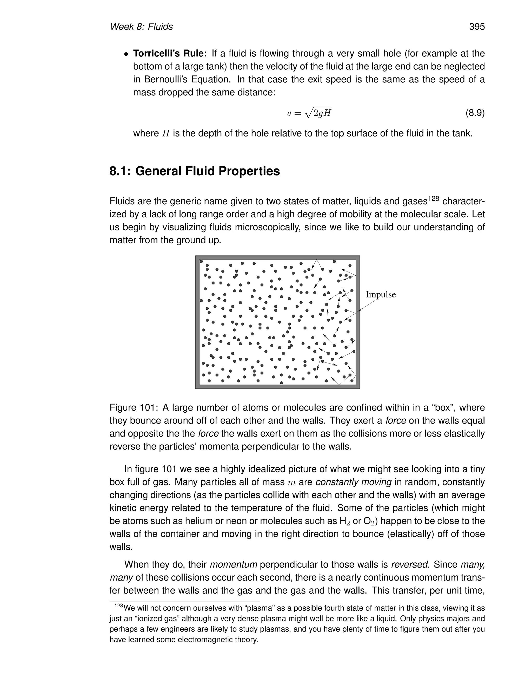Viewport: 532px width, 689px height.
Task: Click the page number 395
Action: [x=476, y=27]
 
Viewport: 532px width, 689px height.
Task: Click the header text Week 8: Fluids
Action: [x=141, y=27]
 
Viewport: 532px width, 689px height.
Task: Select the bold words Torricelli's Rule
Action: [x=170, y=53]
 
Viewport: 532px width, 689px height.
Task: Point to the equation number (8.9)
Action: [x=475, y=113]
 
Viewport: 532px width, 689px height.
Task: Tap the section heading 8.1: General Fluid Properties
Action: [x=195, y=171]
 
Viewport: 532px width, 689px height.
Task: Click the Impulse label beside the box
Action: [x=380, y=294]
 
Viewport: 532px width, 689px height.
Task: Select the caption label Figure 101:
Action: [x=134, y=408]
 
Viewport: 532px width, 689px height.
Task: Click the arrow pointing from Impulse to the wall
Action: [x=367, y=305]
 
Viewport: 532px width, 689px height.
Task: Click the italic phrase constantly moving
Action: [x=353, y=482]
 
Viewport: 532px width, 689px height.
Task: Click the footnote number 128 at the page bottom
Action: [x=119, y=606]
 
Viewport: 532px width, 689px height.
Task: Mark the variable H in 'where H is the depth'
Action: [x=166, y=133]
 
